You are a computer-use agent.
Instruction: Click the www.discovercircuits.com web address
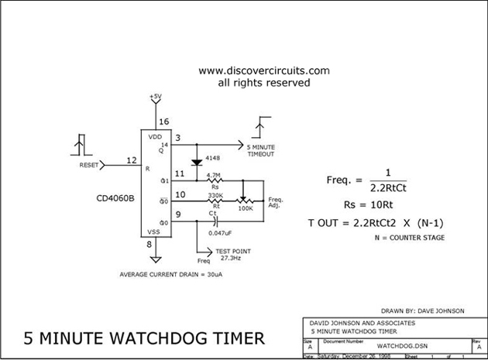[x=264, y=70]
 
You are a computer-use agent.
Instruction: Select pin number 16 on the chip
[x=163, y=122]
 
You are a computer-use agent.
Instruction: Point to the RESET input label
[x=90, y=166]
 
